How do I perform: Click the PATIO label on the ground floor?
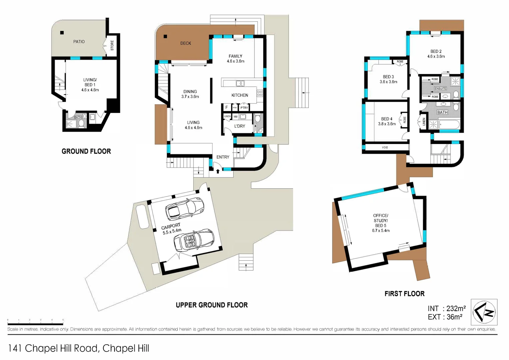79,42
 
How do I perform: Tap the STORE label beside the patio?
112,45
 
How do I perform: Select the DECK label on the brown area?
186,43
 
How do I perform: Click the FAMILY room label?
236,59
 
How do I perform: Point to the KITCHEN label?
240,95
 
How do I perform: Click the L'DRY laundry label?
240,126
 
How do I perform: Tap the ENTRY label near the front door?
223,157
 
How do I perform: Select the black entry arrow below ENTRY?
218,171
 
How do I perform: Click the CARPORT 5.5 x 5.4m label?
171,229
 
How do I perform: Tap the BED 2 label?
436,54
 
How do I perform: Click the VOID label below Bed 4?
385,147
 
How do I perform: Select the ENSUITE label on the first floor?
440,88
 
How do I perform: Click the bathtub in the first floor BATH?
449,125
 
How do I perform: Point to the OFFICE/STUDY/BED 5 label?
381,223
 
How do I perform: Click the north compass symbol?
484,312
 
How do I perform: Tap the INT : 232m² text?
447,309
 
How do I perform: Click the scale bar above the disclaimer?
35,323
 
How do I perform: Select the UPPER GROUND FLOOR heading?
212,305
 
